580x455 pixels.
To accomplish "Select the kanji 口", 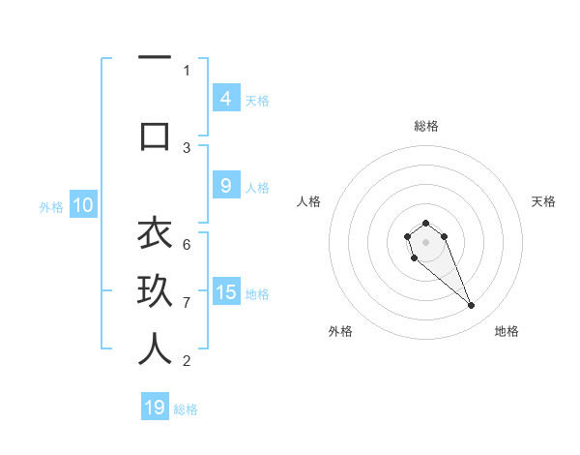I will (x=155, y=135).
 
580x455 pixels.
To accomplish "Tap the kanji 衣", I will (x=155, y=233).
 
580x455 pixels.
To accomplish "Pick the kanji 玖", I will (x=155, y=291).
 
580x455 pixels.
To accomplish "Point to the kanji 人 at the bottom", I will (x=155, y=349).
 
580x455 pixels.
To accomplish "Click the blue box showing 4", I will (x=225, y=99).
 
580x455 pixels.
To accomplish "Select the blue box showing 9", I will (x=225, y=186).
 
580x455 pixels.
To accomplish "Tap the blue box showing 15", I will (x=226, y=292).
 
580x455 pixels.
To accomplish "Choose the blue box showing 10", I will (x=83, y=205).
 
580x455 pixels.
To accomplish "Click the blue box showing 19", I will (x=155, y=408).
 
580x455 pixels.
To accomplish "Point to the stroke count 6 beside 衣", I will (x=187, y=244).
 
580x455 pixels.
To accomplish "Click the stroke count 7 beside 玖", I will (x=187, y=302).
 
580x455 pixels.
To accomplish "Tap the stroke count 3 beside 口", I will (x=187, y=147).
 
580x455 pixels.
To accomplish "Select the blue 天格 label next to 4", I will (x=257, y=100).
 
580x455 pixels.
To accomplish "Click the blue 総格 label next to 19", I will (x=186, y=409).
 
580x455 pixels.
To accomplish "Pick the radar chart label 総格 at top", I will (x=425, y=126).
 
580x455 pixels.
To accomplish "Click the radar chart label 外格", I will (x=340, y=331).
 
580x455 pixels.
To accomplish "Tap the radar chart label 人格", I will (x=309, y=201).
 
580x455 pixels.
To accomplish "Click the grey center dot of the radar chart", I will (x=425, y=242).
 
